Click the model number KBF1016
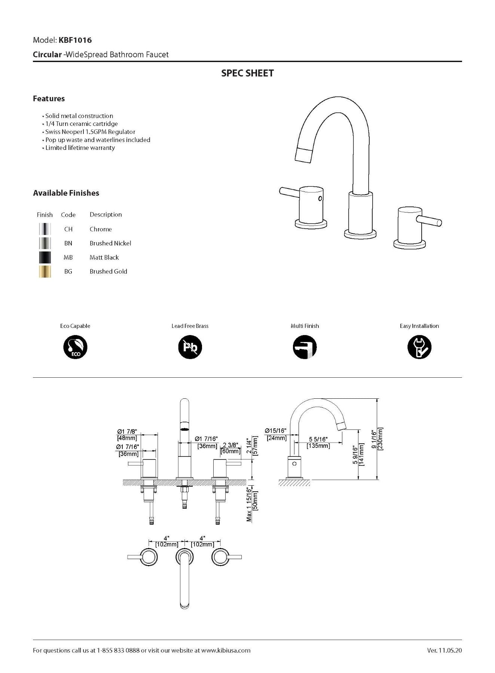click(x=75, y=40)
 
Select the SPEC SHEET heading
click(x=247, y=73)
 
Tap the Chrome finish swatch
click(x=45, y=229)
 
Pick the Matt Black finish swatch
click(x=45, y=257)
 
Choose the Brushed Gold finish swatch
click(x=45, y=271)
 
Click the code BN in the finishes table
click(x=68, y=243)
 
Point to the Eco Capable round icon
click(x=75, y=347)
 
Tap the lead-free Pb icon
click(x=190, y=347)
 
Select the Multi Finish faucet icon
click(x=305, y=347)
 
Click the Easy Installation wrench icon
click(x=419, y=347)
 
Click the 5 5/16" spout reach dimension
click(x=318, y=439)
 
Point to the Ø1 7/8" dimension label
click(x=127, y=432)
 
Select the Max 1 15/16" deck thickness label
click(x=249, y=504)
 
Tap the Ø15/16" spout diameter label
click(x=275, y=431)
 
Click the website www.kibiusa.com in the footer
click(x=226, y=650)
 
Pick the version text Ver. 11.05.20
click(x=444, y=650)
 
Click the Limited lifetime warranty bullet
click(x=80, y=148)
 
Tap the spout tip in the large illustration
click(x=303, y=154)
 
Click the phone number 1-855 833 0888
click(x=118, y=650)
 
